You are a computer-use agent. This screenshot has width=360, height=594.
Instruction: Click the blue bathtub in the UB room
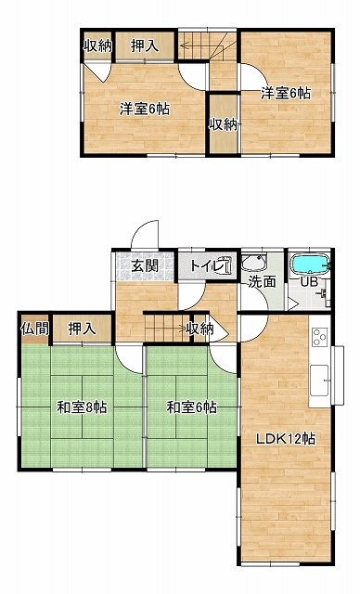pyautogui.click(x=310, y=264)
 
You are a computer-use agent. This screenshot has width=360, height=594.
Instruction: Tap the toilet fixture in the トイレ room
pyautogui.click(x=225, y=265)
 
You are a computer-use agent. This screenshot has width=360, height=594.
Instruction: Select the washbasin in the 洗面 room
pyautogui.click(x=254, y=263)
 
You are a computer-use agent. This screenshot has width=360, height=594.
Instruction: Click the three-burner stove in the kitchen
pyautogui.click(x=319, y=336)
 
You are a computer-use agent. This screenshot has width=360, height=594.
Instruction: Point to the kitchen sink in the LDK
pyautogui.click(x=319, y=381)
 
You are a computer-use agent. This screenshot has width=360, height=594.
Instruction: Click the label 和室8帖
pyautogui.click(x=82, y=407)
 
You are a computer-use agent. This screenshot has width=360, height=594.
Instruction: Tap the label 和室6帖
pyautogui.click(x=192, y=407)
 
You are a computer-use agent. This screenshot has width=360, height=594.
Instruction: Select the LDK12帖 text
pyautogui.click(x=286, y=439)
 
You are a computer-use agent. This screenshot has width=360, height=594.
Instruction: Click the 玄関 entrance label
pyautogui.click(x=145, y=266)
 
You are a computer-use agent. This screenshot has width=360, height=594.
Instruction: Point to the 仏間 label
pyautogui.click(x=35, y=329)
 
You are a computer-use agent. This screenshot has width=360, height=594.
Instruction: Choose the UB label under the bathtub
pyautogui.click(x=309, y=281)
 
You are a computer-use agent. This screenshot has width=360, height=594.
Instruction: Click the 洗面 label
pyautogui.click(x=262, y=282)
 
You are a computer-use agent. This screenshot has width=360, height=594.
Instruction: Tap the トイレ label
pyautogui.click(x=204, y=265)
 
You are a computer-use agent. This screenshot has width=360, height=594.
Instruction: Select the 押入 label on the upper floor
pyautogui.click(x=144, y=46)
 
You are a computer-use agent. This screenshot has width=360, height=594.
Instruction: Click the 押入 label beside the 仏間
pyautogui.click(x=82, y=329)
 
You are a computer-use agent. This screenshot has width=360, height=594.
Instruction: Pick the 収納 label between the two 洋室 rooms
pyautogui.click(x=224, y=124)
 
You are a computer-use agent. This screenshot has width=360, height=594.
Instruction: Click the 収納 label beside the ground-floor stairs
pyautogui.click(x=199, y=329)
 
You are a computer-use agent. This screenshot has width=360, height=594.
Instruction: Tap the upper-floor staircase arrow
pyautogui.click(x=204, y=45)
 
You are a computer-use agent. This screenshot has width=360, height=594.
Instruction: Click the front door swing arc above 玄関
pyautogui.click(x=144, y=227)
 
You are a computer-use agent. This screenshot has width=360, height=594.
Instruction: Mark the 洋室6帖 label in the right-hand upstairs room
pyautogui.click(x=286, y=93)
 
